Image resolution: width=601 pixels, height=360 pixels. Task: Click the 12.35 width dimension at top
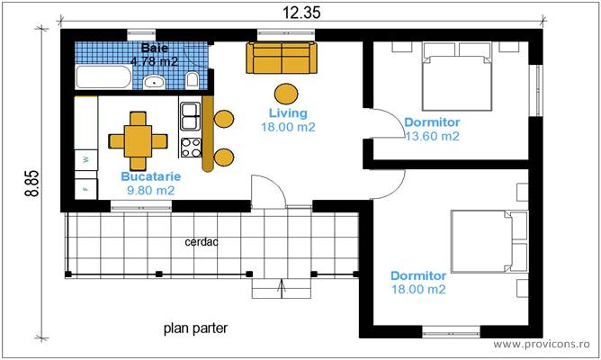[x=300, y=12]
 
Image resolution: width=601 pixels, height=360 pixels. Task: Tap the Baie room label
[x=154, y=48]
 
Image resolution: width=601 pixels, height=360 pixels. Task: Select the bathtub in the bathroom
[x=102, y=77]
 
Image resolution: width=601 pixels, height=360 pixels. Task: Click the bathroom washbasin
[x=154, y=82]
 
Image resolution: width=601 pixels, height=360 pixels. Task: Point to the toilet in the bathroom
[x=191, y=82]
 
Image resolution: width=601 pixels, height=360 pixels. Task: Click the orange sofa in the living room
[x=282, y=58]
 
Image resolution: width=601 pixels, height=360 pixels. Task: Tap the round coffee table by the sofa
[x=286, y=93]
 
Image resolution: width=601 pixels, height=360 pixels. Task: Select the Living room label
[x=288, y=113]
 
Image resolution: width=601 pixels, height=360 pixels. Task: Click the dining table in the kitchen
[x=138, y=140]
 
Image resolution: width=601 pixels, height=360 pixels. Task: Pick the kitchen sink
[x=191, y=115]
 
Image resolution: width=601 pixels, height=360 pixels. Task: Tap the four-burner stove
[x=191, y=146]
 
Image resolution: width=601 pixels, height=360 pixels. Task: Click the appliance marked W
[x=86, y=160]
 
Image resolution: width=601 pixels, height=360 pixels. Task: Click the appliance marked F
[x=86, y=189]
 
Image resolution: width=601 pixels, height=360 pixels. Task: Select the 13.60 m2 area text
[x=432, y=137]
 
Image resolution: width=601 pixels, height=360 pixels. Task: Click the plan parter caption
[x=195, y=328]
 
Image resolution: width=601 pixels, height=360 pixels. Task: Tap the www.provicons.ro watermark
[x=543, y=345]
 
